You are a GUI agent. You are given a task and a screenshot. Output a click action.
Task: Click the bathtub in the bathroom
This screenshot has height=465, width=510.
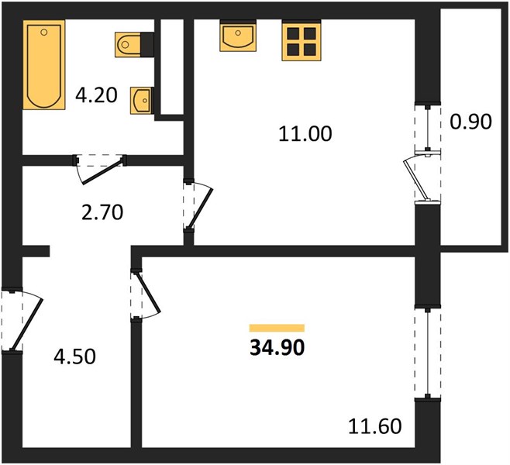[x=44, y=64]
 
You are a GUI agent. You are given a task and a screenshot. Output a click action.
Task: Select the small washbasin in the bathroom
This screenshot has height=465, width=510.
[x=142, y=101]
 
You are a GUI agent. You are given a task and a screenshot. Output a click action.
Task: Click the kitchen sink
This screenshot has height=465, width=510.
[x=238, y=36]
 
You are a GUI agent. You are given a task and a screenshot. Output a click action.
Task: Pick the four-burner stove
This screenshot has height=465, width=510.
[x=302, y=40]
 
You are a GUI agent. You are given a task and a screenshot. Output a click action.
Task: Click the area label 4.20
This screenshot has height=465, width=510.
[x=96, y=95]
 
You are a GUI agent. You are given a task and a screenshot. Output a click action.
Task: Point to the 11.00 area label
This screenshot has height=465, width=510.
[x=305, y=133]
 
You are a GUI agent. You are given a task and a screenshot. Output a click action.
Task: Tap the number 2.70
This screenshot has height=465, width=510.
[x=102, y=212]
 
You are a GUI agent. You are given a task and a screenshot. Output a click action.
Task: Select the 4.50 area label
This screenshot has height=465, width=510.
[x=75, y=356]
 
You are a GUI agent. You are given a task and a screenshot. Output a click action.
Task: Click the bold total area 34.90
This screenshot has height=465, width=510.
[x=277, y=348]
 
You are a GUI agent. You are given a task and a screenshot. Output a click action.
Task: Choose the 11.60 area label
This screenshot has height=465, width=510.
[x=374, y=426]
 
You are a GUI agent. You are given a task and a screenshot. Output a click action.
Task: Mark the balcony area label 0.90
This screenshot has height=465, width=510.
[x=470, y=122]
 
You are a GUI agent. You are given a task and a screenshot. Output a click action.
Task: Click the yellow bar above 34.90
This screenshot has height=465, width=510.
[x=277, y=328]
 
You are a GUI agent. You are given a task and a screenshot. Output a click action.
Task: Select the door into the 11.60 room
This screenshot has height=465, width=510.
[x=146, y=294]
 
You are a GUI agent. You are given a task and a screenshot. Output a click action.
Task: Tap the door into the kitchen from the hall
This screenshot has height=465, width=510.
[x=198, y=206]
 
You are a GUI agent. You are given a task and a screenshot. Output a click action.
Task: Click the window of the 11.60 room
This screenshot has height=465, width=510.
[x=427, y=352]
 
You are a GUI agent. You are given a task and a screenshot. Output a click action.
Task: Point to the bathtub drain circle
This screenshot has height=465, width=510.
[x=44, y=33]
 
